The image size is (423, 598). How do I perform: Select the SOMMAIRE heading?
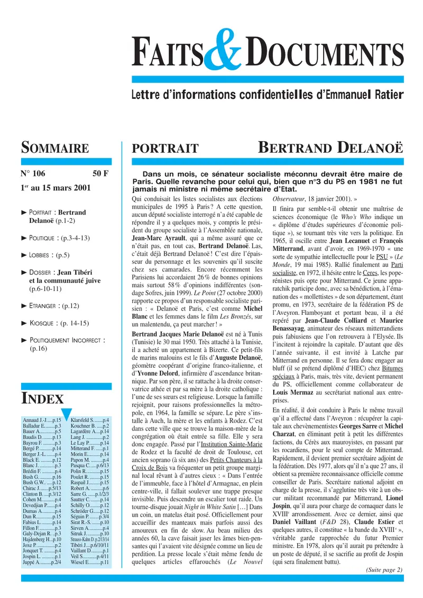pyautogui.click(x=54, y=147)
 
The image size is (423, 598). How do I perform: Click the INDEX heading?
pyautogui.click(x=42, y=398)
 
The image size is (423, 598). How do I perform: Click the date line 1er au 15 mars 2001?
pyautogui.click(x=56, y=188)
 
